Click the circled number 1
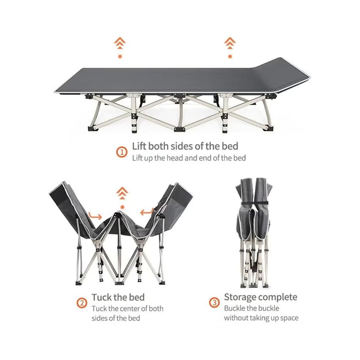tap(122, 152)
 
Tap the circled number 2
tap(82, 303)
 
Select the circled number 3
tap(214, 302)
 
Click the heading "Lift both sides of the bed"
tap(185, 146)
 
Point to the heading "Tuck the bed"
tap(118, 297)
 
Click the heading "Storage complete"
tap(261, 297)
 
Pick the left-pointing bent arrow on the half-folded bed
tap(147, 212)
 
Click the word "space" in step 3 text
tap(289, 318)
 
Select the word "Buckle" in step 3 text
tap(235, 308)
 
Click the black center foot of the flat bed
tap(179, 129)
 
